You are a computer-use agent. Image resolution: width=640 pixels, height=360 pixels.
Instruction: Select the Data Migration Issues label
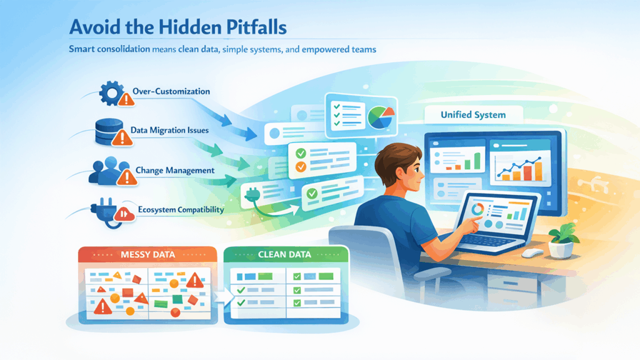[169, 131]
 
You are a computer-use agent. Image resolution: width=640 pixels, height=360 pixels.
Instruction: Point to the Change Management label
[174, 170]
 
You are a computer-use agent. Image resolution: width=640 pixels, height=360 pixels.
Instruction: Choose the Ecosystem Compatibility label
[177, 210]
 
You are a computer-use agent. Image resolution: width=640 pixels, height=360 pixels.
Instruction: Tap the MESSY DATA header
[147, 255]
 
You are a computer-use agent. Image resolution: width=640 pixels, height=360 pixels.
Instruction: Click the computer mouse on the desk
[532, 252]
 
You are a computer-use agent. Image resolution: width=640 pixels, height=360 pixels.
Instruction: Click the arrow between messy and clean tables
[217, 293]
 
